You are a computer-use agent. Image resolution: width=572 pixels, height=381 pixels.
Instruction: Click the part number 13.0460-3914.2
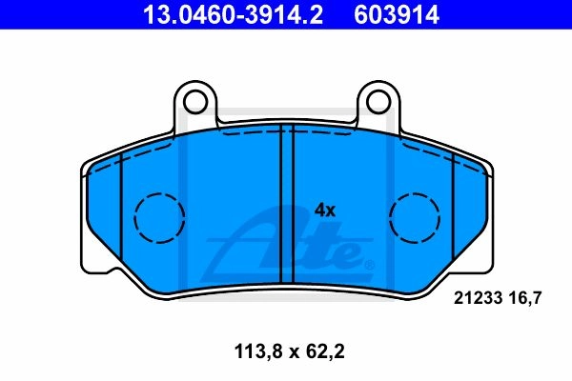coord(233,15)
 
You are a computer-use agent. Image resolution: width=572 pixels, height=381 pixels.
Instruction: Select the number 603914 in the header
coord(397,15)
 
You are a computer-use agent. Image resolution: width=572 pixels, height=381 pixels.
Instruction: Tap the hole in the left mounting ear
coord(195,102)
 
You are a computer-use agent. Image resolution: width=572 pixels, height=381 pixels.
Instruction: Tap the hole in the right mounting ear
coord(378,102)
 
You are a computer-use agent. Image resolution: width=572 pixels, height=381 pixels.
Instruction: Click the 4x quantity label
coord(325,211)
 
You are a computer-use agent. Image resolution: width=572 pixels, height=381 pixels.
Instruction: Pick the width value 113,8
coord(259,352)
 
